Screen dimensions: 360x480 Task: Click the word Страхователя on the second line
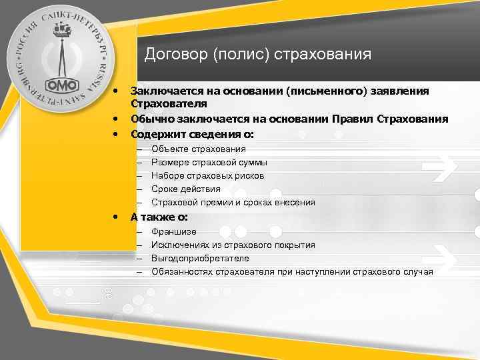coord(169,104)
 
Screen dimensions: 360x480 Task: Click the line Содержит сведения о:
coord(192,134)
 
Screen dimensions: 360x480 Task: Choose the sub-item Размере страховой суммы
coord(209,163)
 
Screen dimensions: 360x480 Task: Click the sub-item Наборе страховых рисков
coord(207,176)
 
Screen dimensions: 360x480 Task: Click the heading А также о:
coord(159,217)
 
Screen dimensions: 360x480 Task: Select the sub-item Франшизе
coord(173,232)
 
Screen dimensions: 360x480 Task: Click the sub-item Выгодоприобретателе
coord(200,259)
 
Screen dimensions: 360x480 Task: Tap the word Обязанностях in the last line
coord(181,272)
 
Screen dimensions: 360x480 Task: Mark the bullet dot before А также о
coord(116,217)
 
